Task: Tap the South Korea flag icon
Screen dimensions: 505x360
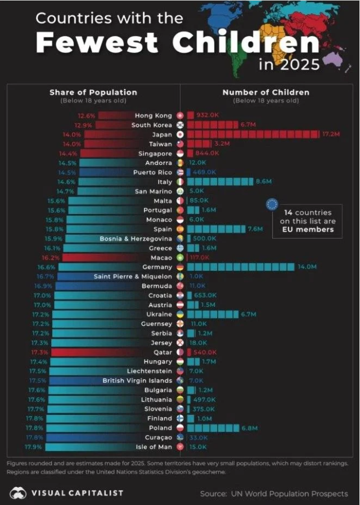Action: (180, 125)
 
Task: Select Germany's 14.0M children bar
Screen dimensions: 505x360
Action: (241, 267)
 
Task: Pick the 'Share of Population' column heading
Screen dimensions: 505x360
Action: (93, 92)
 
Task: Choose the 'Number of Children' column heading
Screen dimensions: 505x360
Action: (265, 92)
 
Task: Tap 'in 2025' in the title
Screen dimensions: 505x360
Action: (289, 64)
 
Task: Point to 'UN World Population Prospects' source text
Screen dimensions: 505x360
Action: (290, 494)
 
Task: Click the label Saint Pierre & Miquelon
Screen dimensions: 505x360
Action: (133, 276)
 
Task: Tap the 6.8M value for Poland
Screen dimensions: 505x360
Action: (250, 428)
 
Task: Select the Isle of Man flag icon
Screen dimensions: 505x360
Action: (180, 447)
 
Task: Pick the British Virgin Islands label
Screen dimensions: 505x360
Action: (137, 381)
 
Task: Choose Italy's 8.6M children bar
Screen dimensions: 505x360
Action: (219, 182)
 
